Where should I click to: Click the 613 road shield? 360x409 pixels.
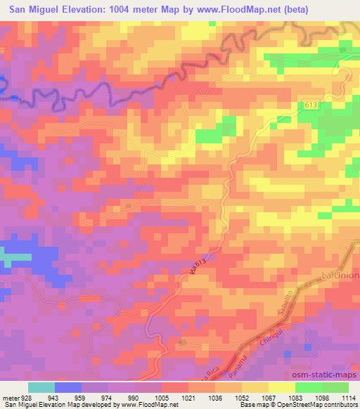pyautogui.click(x=310, y=105)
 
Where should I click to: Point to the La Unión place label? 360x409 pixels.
pyautogui.click(x=340, y=273)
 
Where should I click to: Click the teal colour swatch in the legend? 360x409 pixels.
pyautogui.click(x=41, y=387)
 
